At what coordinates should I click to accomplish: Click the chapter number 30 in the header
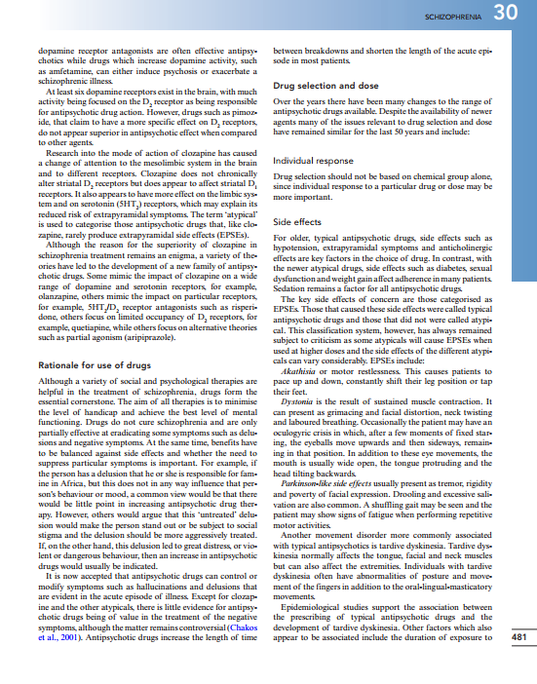(x=505, y=14)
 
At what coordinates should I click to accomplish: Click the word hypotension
(x=296, y=245)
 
